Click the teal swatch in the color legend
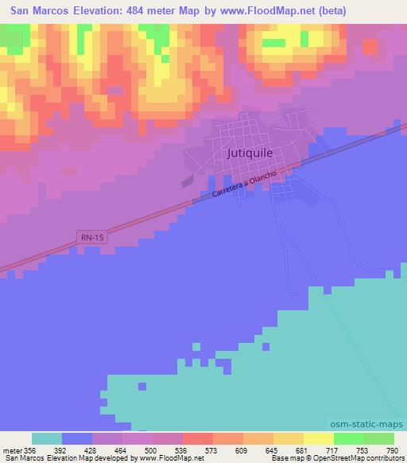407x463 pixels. coord(47,438)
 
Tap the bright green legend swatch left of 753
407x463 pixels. coord(348,438)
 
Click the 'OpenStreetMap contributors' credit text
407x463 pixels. coord(356,457)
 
